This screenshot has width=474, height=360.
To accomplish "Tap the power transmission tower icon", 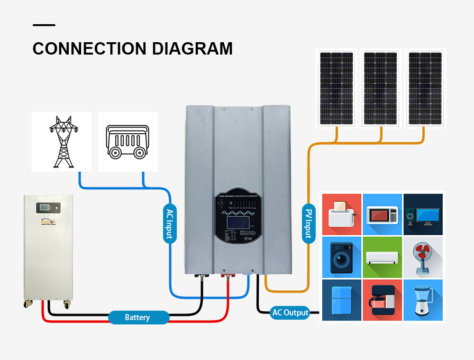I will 62,141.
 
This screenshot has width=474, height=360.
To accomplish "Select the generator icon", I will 128,141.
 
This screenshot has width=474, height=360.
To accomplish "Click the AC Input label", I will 170,223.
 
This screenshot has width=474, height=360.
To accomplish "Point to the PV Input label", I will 309,223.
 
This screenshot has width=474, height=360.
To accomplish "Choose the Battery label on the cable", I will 137,317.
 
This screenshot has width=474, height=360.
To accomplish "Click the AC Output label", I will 290,313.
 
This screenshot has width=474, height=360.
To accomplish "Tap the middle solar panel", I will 381,88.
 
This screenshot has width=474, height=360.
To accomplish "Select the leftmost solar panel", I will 336,88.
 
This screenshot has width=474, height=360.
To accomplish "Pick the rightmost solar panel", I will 425,88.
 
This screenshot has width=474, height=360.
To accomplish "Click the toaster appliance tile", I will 341,214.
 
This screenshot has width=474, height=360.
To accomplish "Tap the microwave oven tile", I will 382,214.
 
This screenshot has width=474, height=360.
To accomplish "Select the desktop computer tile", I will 423,214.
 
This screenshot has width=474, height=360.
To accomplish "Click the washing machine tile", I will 341,257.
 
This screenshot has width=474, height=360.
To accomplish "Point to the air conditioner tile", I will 382,257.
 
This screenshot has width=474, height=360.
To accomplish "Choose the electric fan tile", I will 423,257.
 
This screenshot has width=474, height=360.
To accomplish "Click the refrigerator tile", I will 341,300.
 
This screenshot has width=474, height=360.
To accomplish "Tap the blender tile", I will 423,300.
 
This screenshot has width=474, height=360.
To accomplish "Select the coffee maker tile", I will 382,300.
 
